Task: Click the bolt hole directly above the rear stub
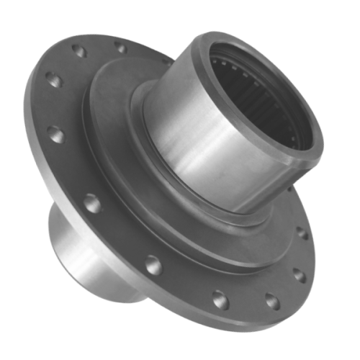tap(91, 204)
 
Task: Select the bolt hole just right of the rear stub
tap(152, 265)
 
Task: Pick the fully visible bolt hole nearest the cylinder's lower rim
tap(302, 233)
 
